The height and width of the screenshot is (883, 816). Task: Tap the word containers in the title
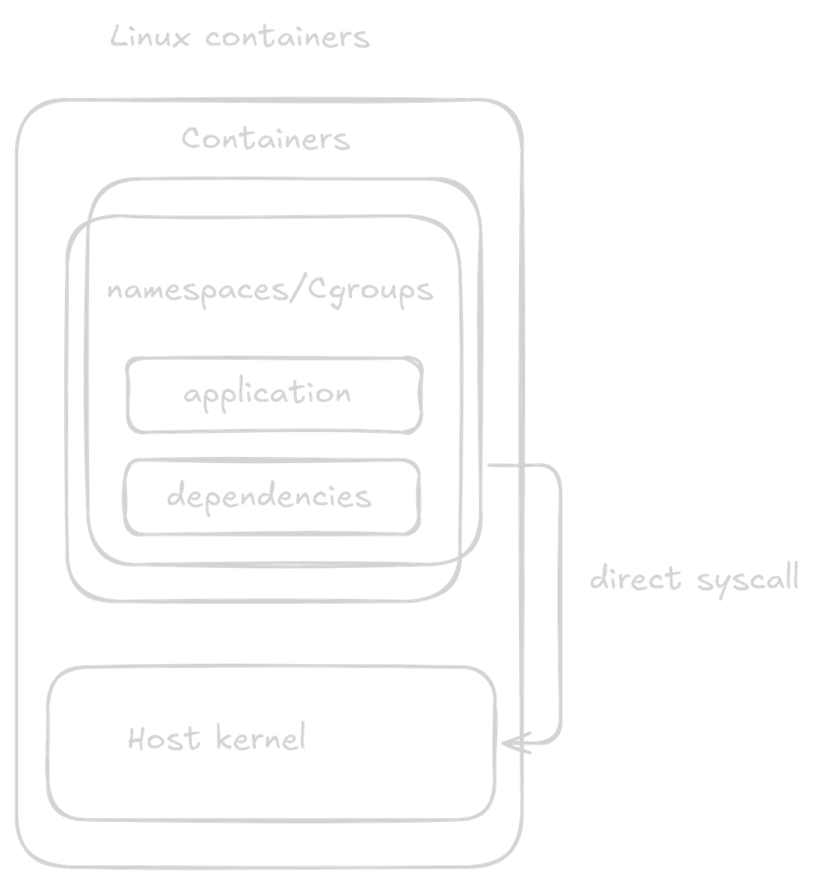287,38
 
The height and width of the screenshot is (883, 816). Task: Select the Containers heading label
266,139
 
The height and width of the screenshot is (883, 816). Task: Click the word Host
164,738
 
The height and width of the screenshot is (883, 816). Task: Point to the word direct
635,579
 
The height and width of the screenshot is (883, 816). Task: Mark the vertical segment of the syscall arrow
560,604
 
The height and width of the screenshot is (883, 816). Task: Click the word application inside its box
267,394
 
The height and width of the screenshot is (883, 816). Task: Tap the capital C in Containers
190,139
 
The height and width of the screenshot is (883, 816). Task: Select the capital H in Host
137,738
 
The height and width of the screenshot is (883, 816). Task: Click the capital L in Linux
118,36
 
